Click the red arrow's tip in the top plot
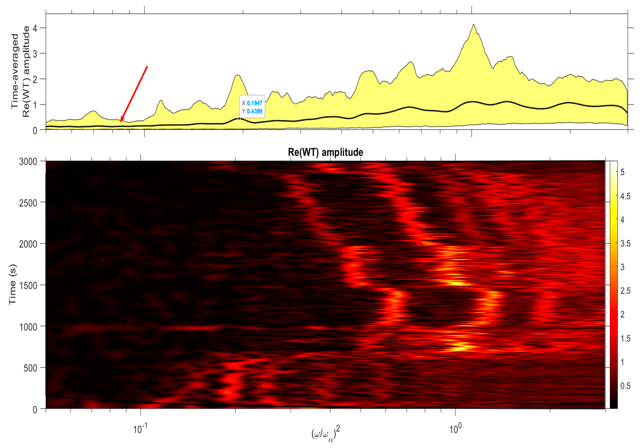(x=121, y=122)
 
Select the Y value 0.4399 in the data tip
(x=254, y=111)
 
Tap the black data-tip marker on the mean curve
(x=239, y=119)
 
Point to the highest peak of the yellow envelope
(x=474, y=25)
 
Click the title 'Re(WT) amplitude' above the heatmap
(x=325, y=152)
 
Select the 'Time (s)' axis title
(x=13, y=285)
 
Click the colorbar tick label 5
(x=622, y=172)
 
